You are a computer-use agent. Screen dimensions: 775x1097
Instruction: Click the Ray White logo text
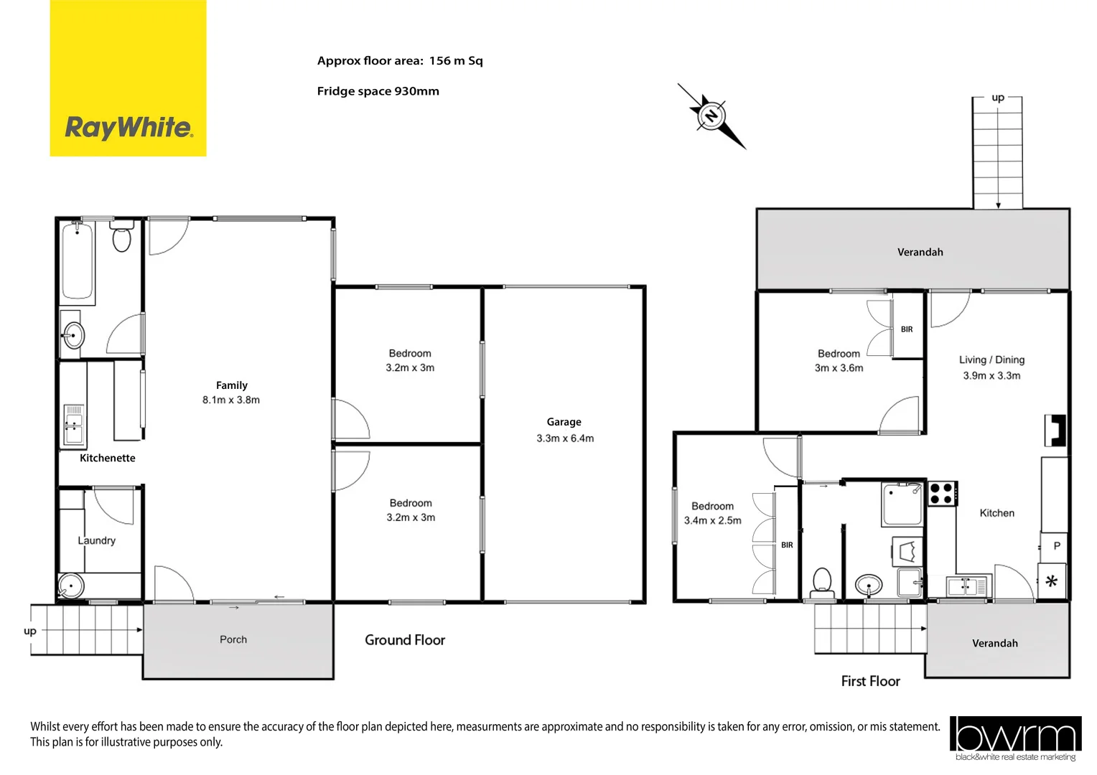pos(129,128)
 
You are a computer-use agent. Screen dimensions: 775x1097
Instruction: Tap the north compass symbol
pos(711,115)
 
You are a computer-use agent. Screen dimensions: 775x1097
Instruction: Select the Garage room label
pos(564,422)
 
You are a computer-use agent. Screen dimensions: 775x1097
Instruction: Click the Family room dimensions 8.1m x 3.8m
pos(231,400)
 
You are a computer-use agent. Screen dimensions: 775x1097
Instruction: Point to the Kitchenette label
pos(107,458)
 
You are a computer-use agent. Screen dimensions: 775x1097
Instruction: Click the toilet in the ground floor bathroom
pos(122,238)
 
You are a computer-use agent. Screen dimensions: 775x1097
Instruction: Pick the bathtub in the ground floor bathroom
pos(78,260)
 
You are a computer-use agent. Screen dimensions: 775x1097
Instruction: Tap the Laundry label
pos(96,540)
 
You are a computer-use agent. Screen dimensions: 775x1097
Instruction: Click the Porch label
pos(233,639)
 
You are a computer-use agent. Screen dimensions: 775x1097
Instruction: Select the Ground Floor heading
pos(405,640)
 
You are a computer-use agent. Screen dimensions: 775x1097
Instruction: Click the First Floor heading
pos(870,681)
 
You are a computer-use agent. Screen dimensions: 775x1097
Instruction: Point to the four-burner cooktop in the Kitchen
pos(941,494)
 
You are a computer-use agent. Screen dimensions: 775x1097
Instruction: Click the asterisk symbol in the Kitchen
pos(1052,581)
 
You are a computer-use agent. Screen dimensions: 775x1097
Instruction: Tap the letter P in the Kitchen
pos(1057,546)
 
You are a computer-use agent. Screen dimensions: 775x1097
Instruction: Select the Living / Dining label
pos(991,360)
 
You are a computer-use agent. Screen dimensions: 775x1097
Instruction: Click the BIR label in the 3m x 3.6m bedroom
pos(907,329)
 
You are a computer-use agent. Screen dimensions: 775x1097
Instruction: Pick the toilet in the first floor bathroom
pos(822,581)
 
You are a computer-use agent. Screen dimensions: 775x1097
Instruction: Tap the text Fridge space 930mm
pos(378,91)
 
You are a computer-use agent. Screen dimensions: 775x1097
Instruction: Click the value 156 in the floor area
pos(439,61)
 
